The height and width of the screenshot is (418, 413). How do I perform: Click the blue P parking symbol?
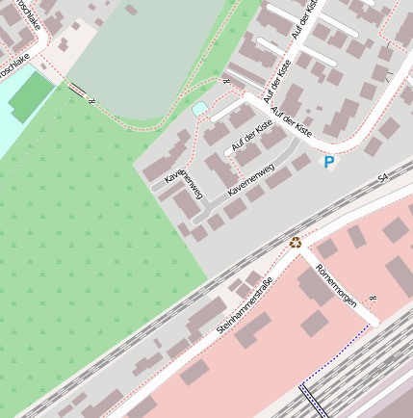329,163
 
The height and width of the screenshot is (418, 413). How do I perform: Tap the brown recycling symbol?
296,243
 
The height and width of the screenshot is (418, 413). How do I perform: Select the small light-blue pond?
199,110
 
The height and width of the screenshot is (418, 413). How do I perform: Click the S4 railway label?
382,178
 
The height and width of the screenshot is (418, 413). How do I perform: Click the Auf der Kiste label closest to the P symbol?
293,119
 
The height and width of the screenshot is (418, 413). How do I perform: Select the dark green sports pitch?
32,97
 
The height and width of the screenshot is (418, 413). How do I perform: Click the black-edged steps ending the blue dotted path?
313,400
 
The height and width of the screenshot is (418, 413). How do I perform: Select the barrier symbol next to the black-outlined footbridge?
91,99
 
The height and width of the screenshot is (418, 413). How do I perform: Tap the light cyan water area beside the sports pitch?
12,125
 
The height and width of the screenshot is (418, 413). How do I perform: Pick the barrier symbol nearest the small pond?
226,82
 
